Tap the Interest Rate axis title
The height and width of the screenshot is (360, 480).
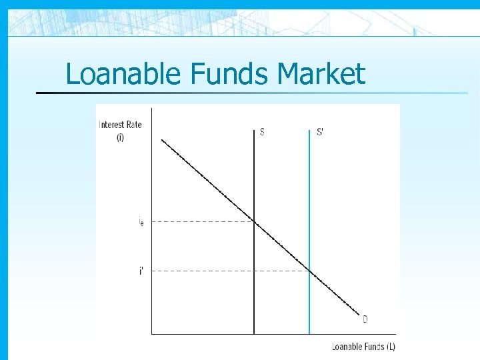pyautogui.click(x=120, y=125)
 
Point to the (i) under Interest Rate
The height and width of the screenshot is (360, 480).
pyautogui.click(x=120, y=137)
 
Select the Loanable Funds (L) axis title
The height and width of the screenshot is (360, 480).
pyautogui.click(x=363, y=346)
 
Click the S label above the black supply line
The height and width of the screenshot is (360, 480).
pyautogui.click(x=262, y=132)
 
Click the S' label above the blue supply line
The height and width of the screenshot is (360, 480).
pyautogui.click(x=320, y=132)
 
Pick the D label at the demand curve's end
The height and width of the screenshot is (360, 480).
pyautogui.click(x=365, y=319)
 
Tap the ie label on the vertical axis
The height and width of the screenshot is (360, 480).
pyautogui.click(x=141, y=221)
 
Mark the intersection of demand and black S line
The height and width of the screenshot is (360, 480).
pyautogui.click(x=254, y=221)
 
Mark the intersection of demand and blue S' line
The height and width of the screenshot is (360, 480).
pyautogui.click(x=309, y=270)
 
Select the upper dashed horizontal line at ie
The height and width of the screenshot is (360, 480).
pyautogui.click(x=200, y=221)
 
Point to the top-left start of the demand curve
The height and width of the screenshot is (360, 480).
pyautogui.click(x=162, y=139)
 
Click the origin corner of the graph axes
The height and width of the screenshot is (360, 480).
pyautogui.click(x=152, y=333)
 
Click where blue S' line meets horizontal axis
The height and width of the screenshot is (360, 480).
pyautogui.click(x=309, y=333)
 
